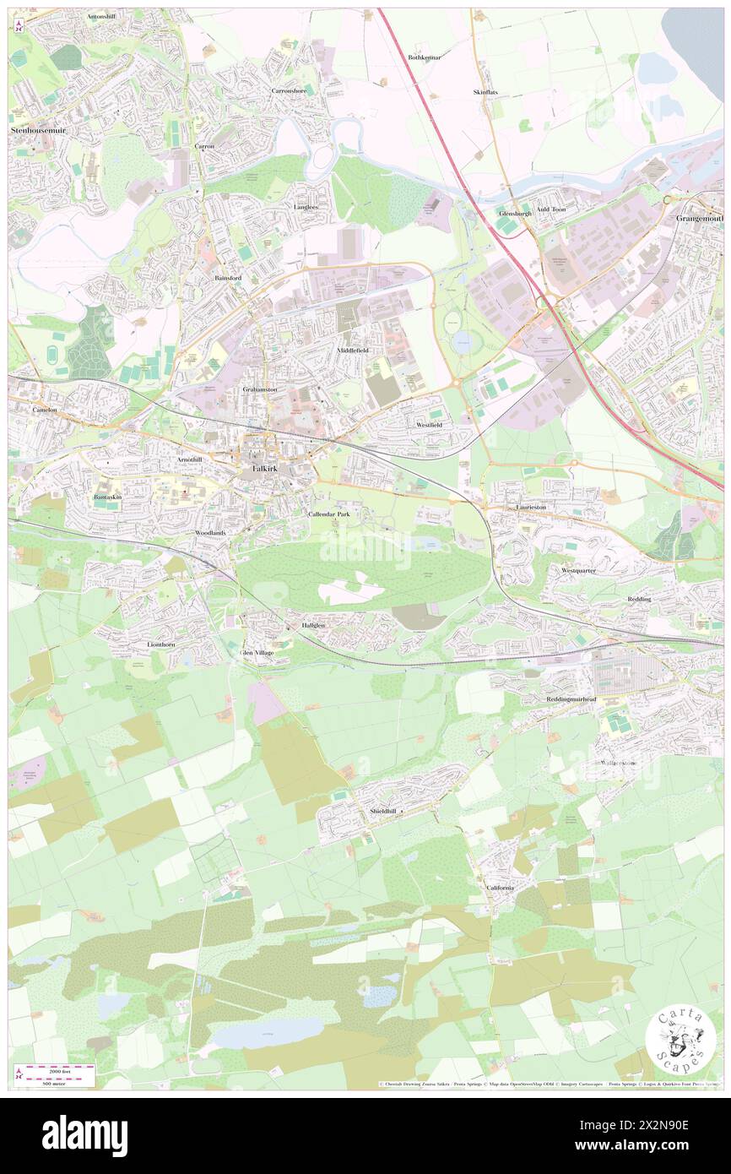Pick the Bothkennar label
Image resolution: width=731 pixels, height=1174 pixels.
click(x=425, y=57)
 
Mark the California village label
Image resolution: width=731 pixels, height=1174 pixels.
click(x=501, y=888)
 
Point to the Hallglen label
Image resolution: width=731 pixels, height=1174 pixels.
click(x=313, y=625)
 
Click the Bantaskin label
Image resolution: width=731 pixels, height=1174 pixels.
click(x=109, y=497)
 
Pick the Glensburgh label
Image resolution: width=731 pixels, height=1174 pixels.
click(x=515, y=213)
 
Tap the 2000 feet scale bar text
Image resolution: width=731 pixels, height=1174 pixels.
click(x=57, y=1069)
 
